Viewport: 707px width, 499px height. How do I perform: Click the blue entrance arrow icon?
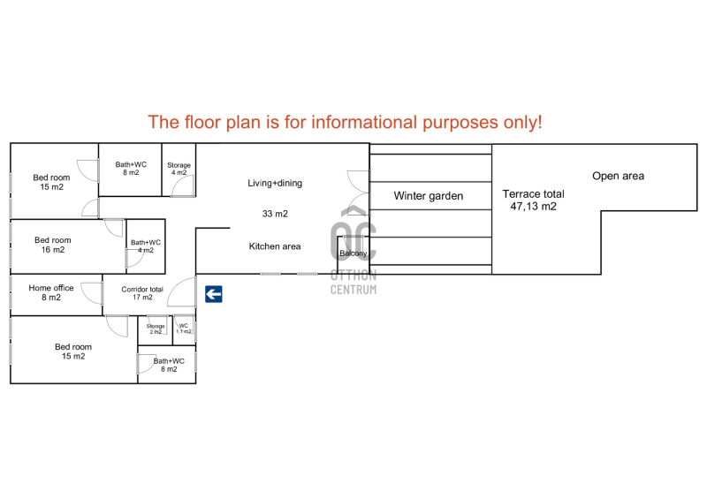coord(214,294)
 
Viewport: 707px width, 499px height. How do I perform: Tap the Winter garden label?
coord(429,196)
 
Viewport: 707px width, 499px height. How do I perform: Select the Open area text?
coord(618,176)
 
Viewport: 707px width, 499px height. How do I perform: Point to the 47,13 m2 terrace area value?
coord(534,207)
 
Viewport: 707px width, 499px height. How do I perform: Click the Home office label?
coord(51,292)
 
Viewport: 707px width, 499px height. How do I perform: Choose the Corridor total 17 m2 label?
coord(142,293)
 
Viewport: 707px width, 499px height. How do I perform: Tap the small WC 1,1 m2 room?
coord(184,330)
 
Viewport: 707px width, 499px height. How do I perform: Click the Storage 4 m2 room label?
coord(179,169)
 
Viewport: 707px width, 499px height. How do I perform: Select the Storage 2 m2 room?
coord(156,330)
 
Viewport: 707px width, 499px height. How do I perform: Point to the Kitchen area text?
coord(275,246)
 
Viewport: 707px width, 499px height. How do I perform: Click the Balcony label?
coord(353,253)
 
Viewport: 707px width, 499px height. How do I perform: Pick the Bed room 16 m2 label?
coord(53,245)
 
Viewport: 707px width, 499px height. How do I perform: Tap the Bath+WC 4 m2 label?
coord(146,246)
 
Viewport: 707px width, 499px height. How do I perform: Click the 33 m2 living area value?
coord(275,214)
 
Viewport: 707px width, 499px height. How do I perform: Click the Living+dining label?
coord(275,183)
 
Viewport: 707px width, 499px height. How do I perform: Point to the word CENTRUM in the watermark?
coord(353,290)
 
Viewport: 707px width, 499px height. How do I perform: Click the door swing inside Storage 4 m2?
coord(183,186)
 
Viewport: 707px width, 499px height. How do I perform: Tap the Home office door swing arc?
coord(92,293)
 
